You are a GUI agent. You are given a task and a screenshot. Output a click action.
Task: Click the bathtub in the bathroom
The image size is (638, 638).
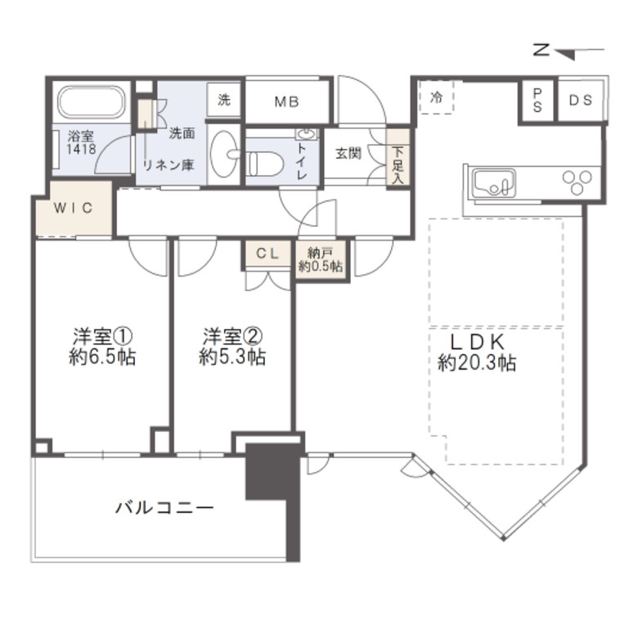[x=91, y=101]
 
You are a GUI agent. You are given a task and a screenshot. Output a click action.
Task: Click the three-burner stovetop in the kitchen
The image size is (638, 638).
[x=577, y=182]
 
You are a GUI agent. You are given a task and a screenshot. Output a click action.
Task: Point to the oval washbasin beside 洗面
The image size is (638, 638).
[x=224, y=154]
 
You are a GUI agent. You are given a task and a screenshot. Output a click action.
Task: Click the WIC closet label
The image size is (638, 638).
[x=74, y=208]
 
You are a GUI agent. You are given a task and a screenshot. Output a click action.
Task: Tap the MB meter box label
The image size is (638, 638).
[x=287, y=101]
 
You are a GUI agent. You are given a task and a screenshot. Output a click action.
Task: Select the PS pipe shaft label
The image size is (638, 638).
[x=537, y=101]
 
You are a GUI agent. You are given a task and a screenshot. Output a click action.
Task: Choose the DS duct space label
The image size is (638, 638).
[x=581, y=100]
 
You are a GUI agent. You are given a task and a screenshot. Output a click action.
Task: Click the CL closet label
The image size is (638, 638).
[x=267, y=254]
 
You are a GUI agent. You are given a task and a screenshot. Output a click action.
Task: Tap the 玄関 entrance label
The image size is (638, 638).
[x=348, y=154]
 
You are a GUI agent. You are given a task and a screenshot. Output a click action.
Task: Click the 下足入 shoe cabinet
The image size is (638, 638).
[x=398, y=158]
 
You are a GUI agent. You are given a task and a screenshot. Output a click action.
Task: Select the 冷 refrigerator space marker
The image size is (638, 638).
[x=437, y=97]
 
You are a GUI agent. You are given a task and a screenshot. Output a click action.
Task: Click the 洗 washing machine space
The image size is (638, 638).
[x=224, y=100]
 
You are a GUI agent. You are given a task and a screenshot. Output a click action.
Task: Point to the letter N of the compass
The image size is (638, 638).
[x=541, y=50]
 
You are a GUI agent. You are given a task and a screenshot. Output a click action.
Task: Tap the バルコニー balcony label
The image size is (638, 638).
[x=164, y=508]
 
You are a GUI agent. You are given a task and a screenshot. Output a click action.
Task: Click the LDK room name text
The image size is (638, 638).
[x=478, y=342]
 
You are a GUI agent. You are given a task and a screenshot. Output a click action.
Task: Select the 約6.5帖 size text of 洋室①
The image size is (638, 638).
[x=102, y=357]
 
